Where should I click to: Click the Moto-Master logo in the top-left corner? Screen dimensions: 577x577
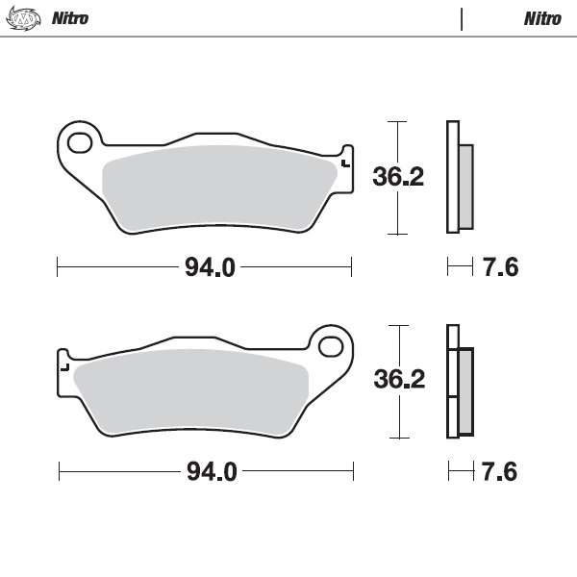pos(24,18)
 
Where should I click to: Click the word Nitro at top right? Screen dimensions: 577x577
pos(542,18)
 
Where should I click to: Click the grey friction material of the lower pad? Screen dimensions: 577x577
pos(192,389)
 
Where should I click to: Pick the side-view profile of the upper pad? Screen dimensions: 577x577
pos(458,178)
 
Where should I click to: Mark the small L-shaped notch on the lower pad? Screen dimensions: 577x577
pos(65,365)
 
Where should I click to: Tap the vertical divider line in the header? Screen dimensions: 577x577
pos(463,18)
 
